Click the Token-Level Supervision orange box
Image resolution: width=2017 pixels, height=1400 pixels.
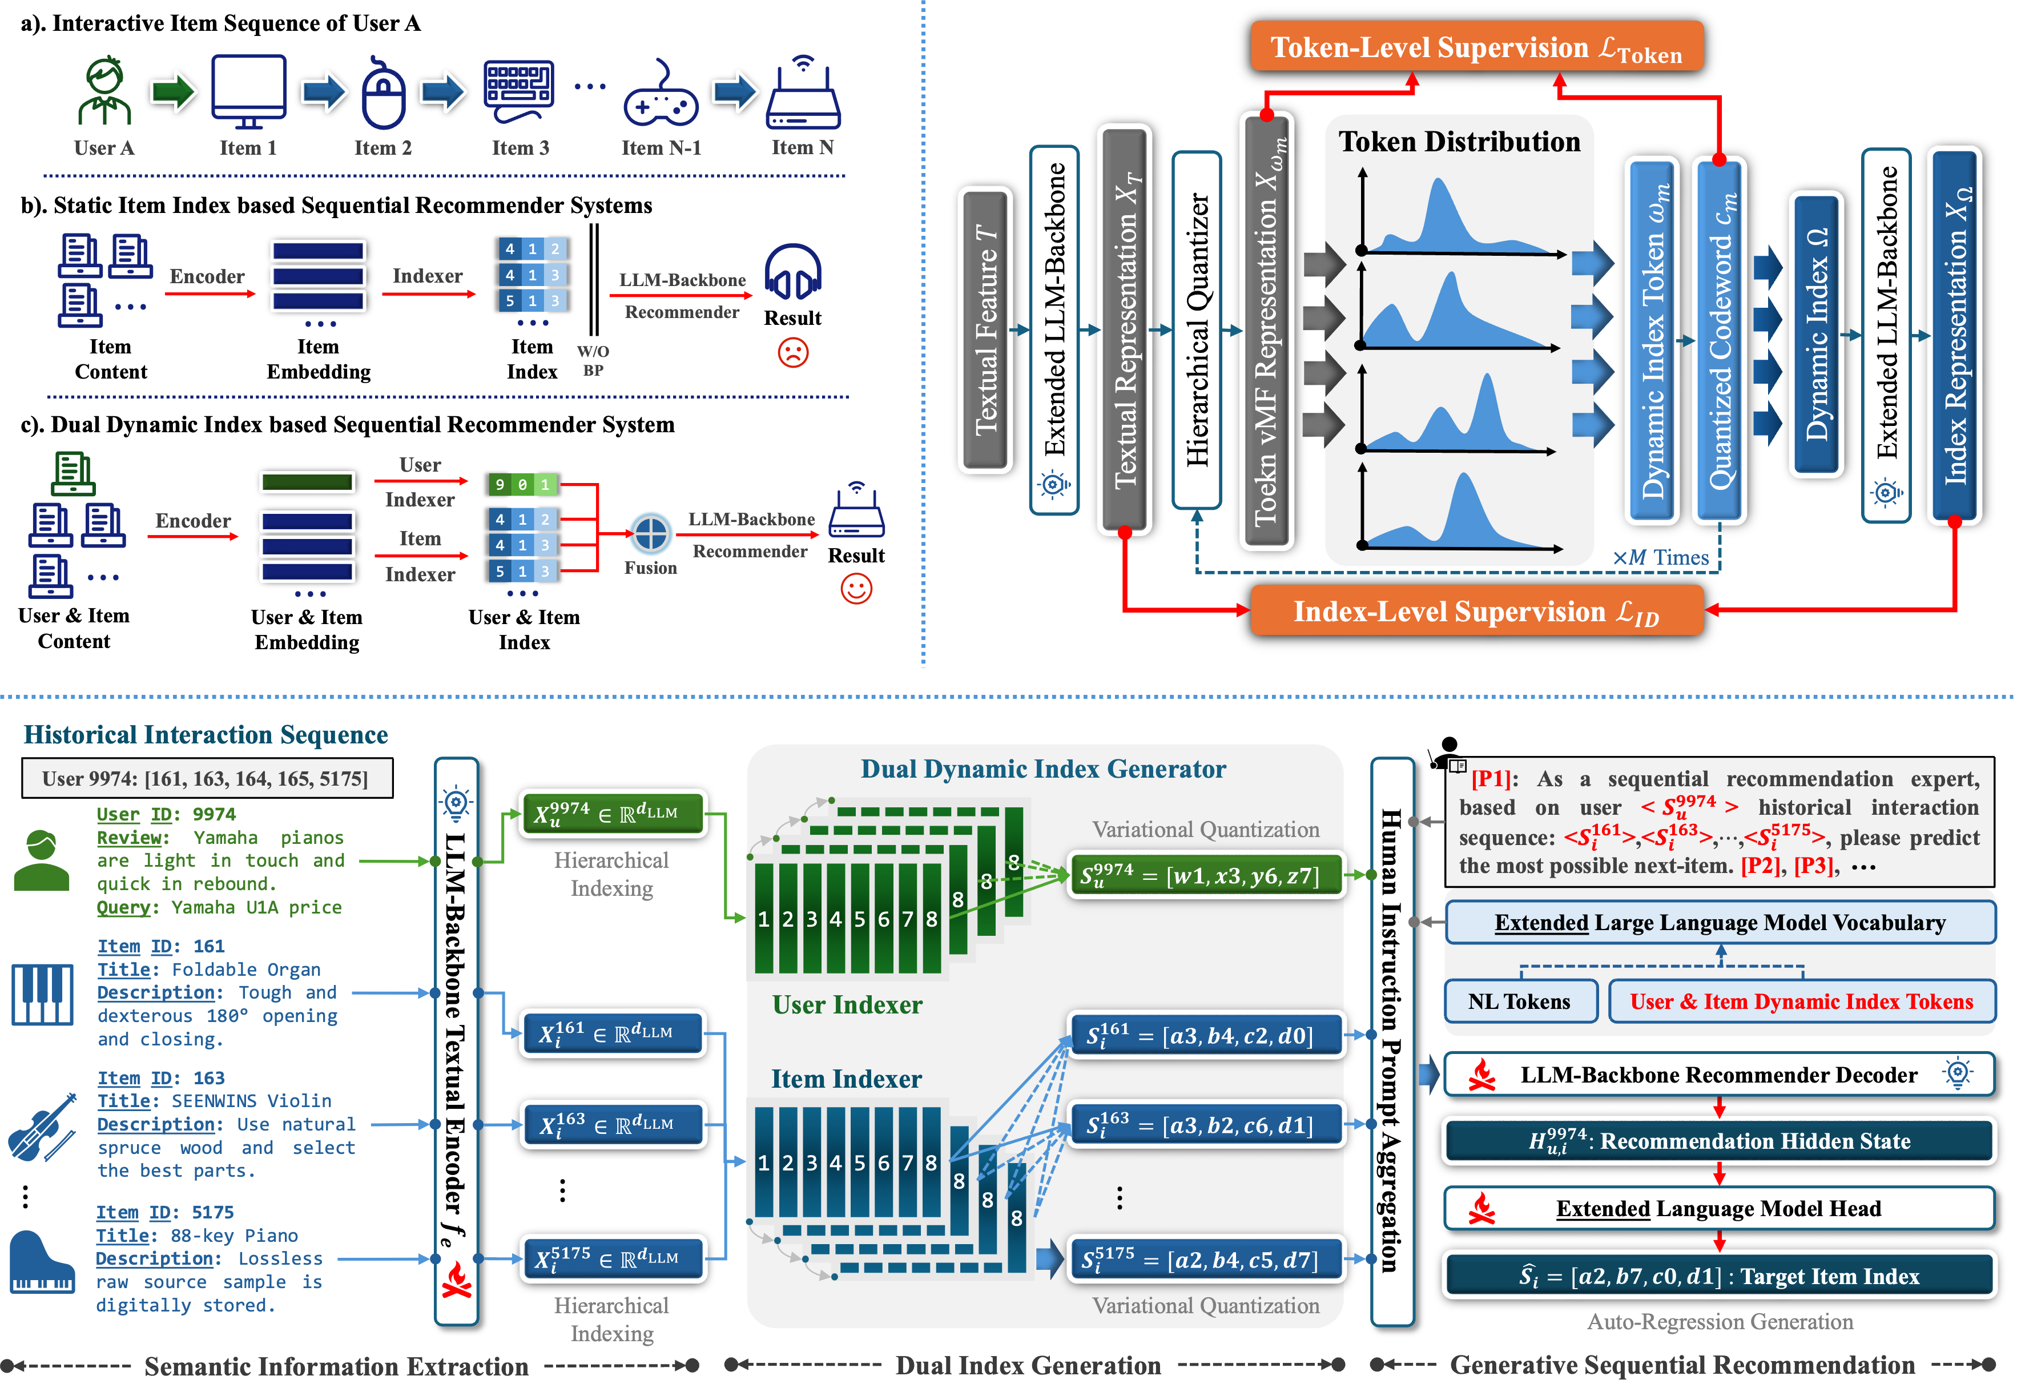(1476, 46)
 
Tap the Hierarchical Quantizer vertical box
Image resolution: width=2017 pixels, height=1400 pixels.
(1196, 330)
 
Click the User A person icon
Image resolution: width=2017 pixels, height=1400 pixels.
(104, 91)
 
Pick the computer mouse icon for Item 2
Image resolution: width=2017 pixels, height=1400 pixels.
(383, 95)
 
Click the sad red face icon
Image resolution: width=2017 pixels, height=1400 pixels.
(793, 353)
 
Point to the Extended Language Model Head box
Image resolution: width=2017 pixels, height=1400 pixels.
(1719, 1209)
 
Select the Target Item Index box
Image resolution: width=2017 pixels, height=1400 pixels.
(1719, 1276)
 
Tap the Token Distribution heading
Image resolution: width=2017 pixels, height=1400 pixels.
(1459, 142)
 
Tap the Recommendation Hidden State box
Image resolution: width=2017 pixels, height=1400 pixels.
(1719, 1140)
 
